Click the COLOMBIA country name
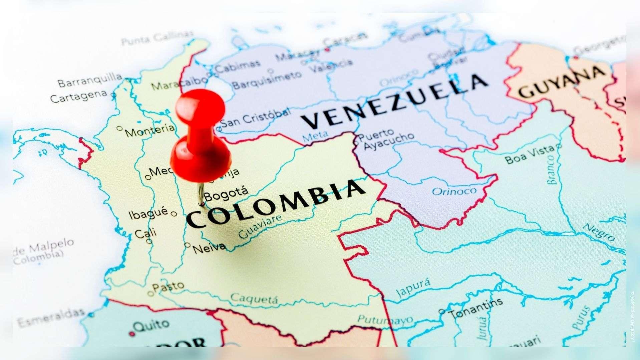pos(275,204)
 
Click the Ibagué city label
pos(148,213)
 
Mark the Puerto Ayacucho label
pos(387,140)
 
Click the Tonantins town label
pos(476,308)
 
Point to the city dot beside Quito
pos(133,333)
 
